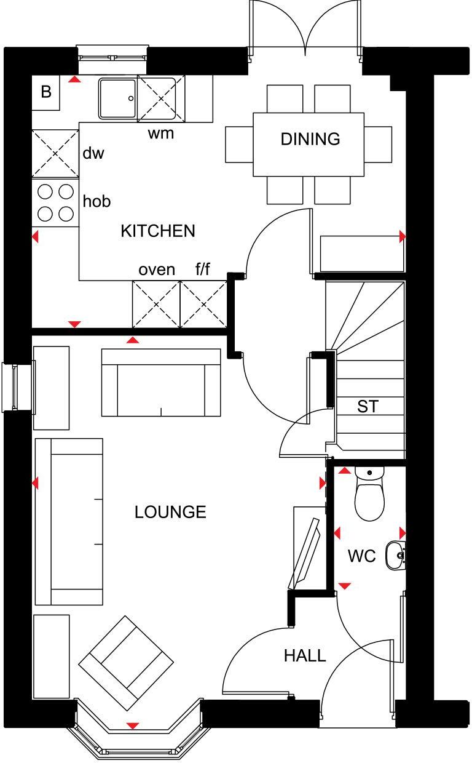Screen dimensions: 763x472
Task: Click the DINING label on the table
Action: coord(310,139)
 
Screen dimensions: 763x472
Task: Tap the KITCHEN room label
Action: coord(158,231)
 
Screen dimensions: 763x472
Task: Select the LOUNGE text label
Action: coord(170,512)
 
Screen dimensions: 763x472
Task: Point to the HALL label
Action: coord(305,656)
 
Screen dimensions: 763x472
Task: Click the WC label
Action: coord(361,556)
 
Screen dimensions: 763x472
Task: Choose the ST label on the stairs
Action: coord(368,407)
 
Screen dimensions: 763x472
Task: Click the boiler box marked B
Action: coord(46,93)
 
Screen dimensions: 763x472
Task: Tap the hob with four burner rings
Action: coord(55,202)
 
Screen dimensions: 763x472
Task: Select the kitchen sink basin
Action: coord(117,97)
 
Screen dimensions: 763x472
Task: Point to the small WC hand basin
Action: coord(395,556)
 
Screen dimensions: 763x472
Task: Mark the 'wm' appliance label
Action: coord(160,132)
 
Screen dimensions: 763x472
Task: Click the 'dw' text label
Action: coord(93,153)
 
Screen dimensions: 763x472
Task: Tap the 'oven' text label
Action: coord(157,270)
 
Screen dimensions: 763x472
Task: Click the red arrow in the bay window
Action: coord(132,726)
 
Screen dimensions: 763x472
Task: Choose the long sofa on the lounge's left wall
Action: coord(69,521)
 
